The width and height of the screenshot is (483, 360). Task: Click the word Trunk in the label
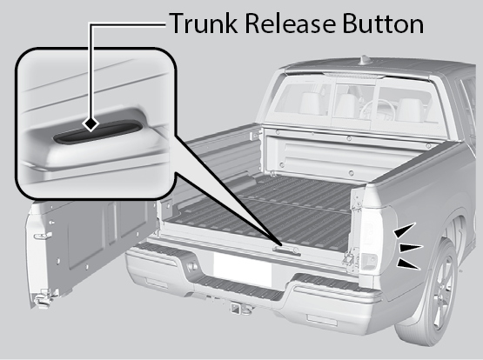pos(204,23)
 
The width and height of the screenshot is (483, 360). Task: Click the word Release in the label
pos(290,23)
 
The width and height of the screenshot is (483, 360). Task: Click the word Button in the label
pos(383,23)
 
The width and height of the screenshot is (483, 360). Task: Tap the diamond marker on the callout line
pos(91,124)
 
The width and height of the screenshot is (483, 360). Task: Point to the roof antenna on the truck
pos(365,60)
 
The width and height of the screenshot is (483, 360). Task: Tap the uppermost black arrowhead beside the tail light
pos(404,230)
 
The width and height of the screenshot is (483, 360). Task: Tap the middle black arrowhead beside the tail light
pos(410,248)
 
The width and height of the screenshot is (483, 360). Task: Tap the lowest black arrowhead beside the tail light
pos(408,264)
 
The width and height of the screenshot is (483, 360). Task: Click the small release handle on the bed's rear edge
pos(286,250)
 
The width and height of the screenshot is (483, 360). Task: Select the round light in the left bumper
pos(191,266)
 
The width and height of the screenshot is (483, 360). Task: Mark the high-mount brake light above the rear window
pos(354,75)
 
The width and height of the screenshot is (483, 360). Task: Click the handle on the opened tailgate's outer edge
pos(44,237)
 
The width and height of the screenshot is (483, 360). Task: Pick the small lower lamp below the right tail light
pos(369,262)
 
